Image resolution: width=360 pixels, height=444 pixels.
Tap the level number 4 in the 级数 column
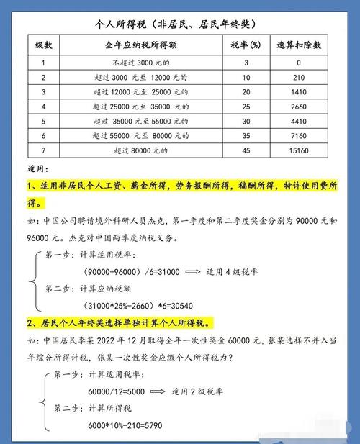[x=44, y=107]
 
